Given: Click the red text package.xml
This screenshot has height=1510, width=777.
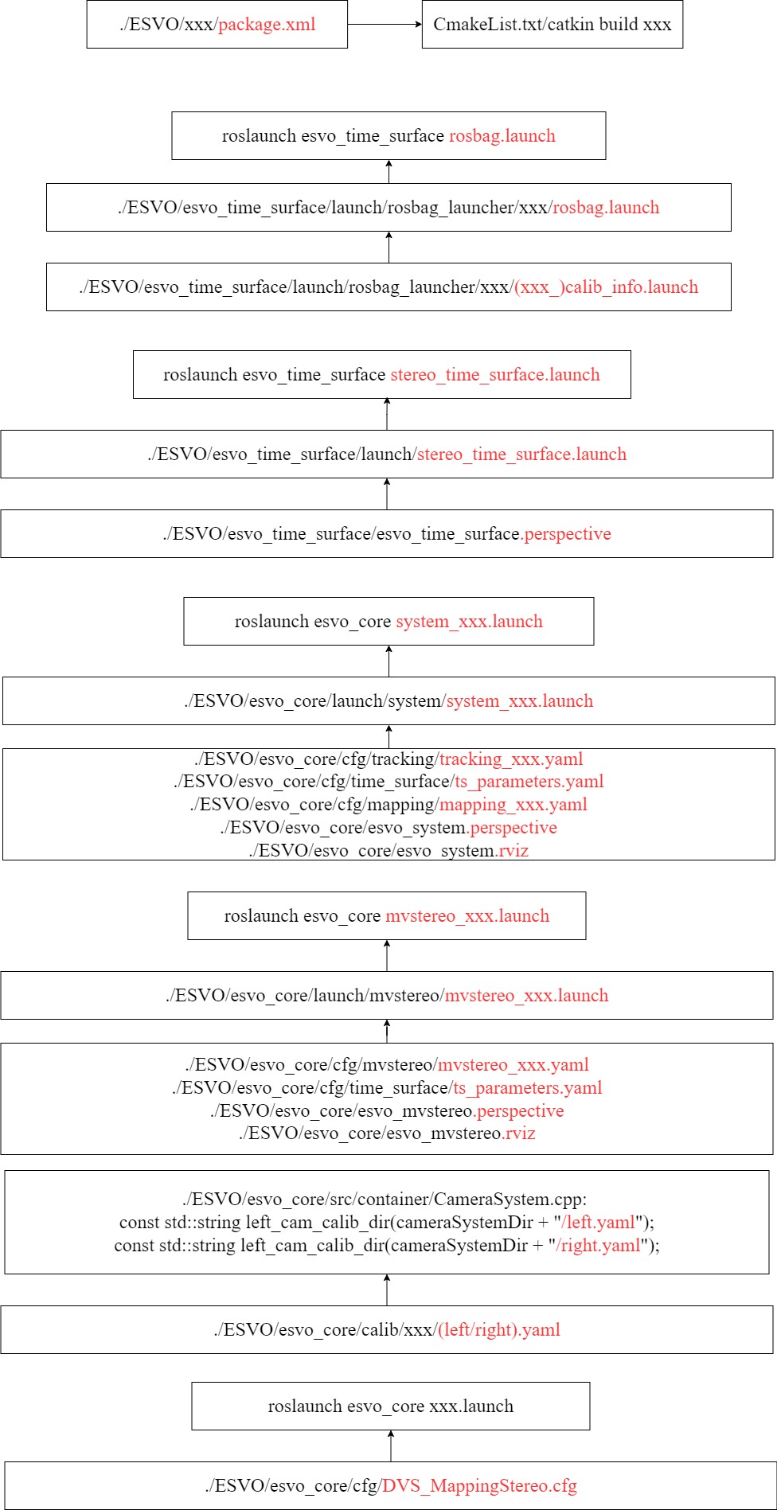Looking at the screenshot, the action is (x=267, y=25).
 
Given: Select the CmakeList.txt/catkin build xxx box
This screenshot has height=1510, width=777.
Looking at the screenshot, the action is (x=552, y=25).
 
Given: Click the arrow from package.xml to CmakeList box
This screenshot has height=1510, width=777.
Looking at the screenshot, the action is (x=385, y=25).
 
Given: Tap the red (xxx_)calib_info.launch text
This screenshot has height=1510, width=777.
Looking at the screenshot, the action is (x=607, y=287).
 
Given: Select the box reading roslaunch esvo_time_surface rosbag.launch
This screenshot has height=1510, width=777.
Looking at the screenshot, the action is (x=388, y=136).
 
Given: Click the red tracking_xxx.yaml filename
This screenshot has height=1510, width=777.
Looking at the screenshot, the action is (x=511, y=759).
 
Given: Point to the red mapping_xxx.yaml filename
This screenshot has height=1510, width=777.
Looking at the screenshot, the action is (x=513, y=805).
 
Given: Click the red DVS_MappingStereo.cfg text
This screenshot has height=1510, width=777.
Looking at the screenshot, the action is (x=479, y=1486).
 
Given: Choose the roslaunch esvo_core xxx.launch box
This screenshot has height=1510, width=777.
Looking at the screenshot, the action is (x=391, y=1407).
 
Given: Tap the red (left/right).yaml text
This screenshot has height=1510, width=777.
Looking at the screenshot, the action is (x=499, y=1330).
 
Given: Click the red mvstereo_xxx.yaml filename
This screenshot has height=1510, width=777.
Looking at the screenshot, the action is (x=513, y=1065).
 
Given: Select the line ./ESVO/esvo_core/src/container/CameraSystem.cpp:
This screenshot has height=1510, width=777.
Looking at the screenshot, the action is (x=385, y=1200).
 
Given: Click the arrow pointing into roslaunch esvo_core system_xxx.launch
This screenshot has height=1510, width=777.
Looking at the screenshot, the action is (x=389, y=661).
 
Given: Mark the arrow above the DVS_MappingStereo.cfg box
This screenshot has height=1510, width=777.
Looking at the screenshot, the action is (x=391, y=1446).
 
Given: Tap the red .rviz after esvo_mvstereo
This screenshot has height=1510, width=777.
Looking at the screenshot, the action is (x=519, y=1133).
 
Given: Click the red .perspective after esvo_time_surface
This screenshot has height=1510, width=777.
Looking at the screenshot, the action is (x=566, y=534).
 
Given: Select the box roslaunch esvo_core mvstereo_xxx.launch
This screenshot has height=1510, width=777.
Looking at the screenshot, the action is (x=387, y=916).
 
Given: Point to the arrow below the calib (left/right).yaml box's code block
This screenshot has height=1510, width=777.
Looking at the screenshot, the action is (x=387, y=1290).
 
